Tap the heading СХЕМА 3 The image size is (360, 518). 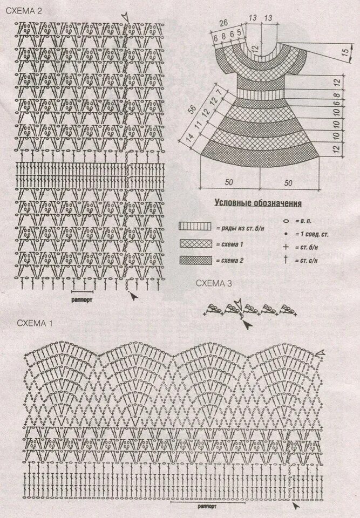pyautogui.click(x=214, y=282)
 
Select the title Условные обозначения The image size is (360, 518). pyautogui.click(x=258, y=203)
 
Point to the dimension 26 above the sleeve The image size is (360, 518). pyautogui.click(x=225, y=23)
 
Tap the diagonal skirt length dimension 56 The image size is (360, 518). pyautogui.click(x=192, y=109)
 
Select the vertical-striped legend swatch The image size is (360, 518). pyautogui.click(x=195, y=227)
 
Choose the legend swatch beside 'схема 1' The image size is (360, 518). pyautogui.click(x=195, y=243)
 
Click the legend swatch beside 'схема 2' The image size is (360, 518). pyautogui.click(x=195, y=260)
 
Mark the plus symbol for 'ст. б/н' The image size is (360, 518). pyautogui.click(x=285, y=247)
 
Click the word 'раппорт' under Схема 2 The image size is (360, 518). pyautogui.click(x=82, y=298)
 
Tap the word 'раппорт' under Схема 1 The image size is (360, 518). pyautogui.click(x=207, y=507)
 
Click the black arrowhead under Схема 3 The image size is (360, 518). pyautogui.click(x=246, y=324)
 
